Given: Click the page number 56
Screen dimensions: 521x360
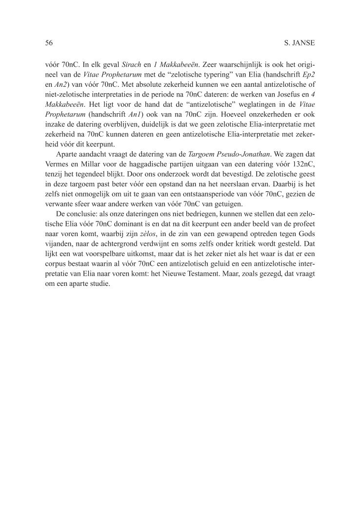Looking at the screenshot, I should pos(49,43).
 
